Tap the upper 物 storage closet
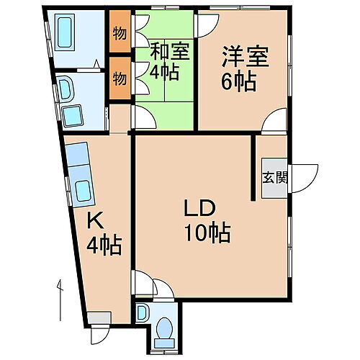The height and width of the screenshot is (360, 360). click(120, 34)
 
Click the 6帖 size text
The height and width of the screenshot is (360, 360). click(239, 81)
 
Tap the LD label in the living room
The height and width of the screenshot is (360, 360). click(196, 210)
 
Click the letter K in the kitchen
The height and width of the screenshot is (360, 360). click(93, 220)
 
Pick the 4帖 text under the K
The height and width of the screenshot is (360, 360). click(104, 244)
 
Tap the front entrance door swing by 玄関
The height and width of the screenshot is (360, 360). click(305, 175)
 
